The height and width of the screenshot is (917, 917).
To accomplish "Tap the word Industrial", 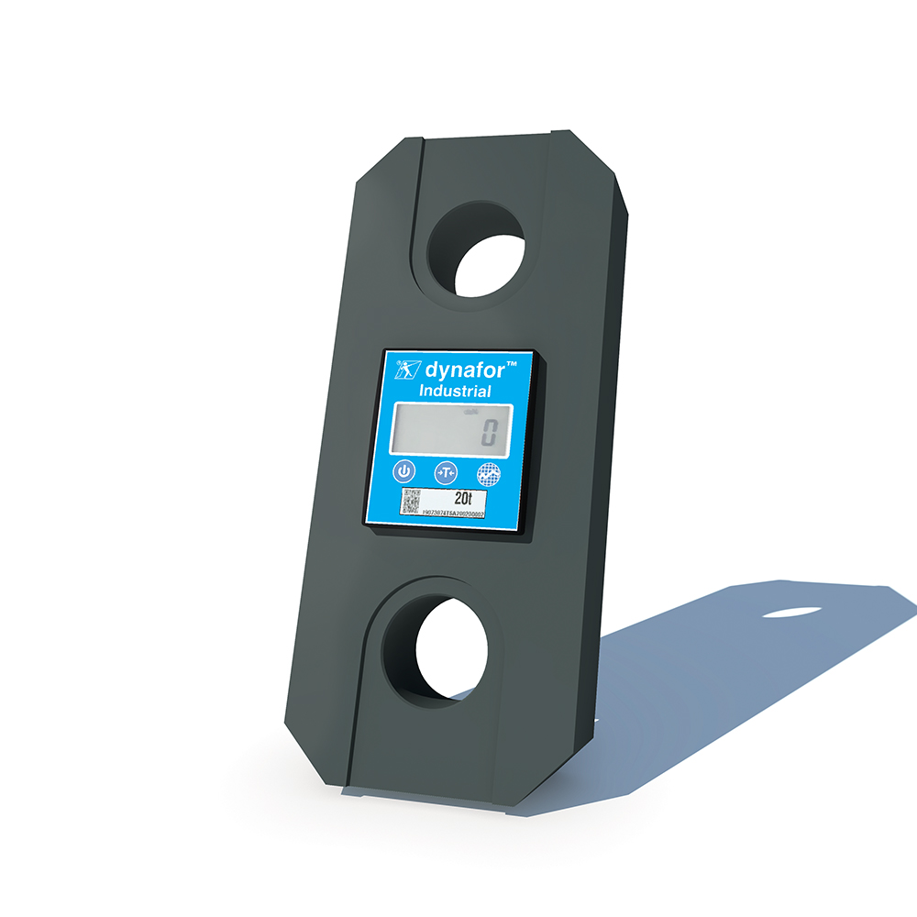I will pyautogui.click(x=455, y=392).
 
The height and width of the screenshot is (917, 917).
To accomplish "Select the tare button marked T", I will pyautogui.click(x=446, y=472).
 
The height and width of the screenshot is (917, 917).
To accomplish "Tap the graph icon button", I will pyautogui.click(x=489, y=474).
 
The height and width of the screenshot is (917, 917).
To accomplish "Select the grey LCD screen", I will pyautogui.click(x=448, y=429).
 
